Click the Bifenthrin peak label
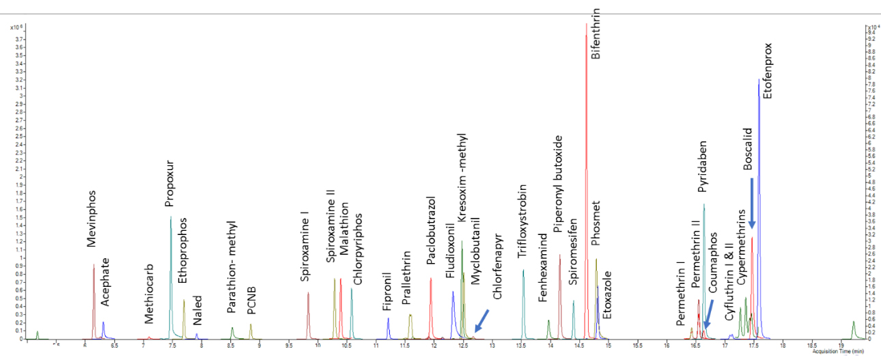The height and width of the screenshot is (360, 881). pos(596,34)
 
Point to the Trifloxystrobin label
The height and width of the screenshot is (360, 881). pos(522,219)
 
